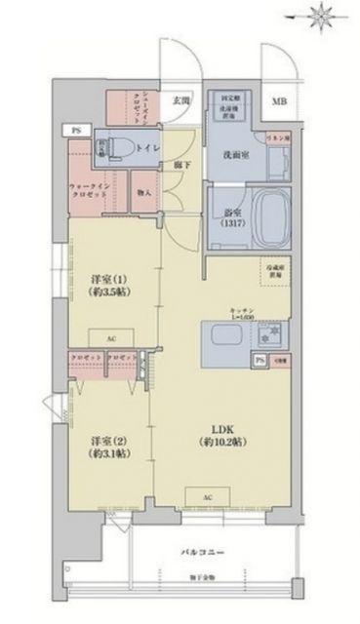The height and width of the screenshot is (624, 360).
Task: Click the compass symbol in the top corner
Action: pos(323,18)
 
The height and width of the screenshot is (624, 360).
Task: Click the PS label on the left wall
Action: pos(74,129)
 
